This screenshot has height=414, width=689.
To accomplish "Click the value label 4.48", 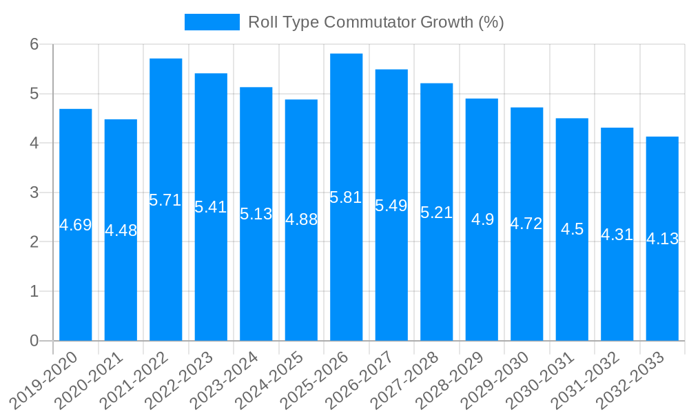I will coord(121,230).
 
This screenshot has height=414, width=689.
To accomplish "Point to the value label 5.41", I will coord(211,207).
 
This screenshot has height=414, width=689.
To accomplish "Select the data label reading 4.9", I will coord(482,219).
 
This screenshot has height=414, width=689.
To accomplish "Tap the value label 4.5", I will coord(573,229).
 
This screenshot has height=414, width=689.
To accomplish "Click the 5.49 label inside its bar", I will coord(391,206).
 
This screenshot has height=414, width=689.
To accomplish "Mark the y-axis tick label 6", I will coord(34,44).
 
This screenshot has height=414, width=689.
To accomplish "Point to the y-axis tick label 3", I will coord(34,193).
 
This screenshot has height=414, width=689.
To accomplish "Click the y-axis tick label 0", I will coord(34,341).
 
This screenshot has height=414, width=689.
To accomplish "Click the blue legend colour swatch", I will coord(212,22).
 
